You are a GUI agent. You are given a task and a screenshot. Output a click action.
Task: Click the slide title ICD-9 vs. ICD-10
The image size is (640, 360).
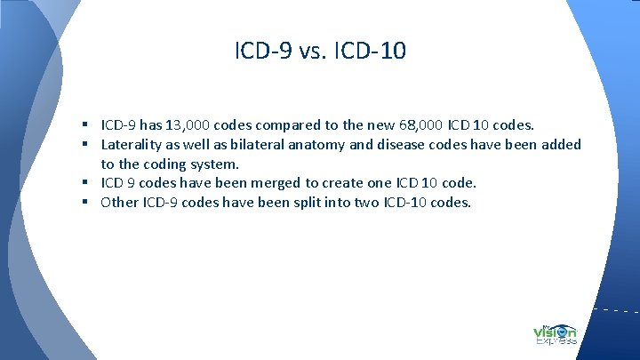pyautogui.click(x=320, y=52)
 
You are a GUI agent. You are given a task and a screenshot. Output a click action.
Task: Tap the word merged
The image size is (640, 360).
pyautogui.click(x=273, y=183)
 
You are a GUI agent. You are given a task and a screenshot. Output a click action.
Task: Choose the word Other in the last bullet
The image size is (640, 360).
pyautogui.click(x=119, y=203)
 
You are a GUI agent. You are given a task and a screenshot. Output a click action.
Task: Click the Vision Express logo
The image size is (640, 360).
pyautogui.click(x=555, y=332)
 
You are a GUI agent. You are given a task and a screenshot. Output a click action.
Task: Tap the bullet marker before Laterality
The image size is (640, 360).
pyautogui.click(x=92, y=144)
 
